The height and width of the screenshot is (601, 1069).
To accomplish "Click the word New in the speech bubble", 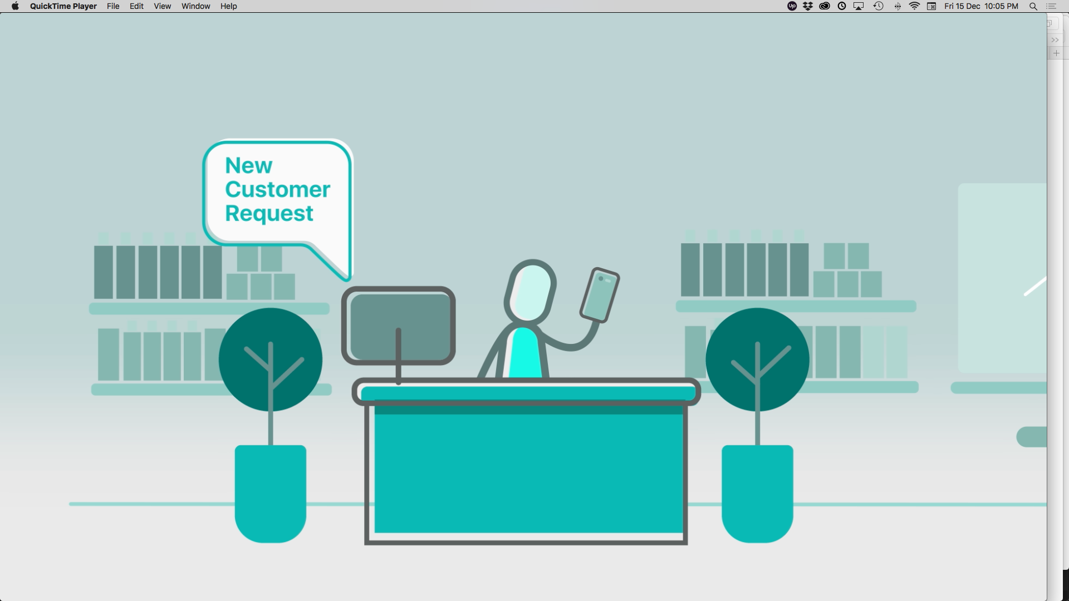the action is [248, 165].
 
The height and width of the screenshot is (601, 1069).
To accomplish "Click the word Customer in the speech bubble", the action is [278, 189].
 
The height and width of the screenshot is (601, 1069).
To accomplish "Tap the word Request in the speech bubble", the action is [269, 214].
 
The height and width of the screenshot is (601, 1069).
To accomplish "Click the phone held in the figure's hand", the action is [600, 295].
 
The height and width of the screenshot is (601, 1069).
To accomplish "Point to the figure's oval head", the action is [530, 291].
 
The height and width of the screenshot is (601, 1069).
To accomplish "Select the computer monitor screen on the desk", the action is [399, 326].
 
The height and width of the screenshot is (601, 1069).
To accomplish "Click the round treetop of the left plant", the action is [271, 359].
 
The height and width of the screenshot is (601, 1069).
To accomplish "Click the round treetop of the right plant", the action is [757, 359].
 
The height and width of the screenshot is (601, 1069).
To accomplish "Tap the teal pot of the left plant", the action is [271, 494].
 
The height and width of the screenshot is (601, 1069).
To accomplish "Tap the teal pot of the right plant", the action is [757, 494].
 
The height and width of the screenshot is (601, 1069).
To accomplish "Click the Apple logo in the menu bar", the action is [15, 6].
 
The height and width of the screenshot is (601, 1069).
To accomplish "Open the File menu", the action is [113, 6].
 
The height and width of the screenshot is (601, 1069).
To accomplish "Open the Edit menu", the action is [136, 6].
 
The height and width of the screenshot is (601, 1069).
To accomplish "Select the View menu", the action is [162, 6].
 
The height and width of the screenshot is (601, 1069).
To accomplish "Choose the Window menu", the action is [195, 6].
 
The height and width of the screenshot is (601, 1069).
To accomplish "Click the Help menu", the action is [228, 6].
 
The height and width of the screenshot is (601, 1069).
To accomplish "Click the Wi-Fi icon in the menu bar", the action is [914, 6].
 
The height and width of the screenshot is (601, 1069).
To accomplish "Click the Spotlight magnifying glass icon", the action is [1033, 6].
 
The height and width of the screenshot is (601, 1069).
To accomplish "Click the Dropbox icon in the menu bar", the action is [808, 6].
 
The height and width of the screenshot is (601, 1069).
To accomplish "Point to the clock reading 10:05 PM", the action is [1001, 6].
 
